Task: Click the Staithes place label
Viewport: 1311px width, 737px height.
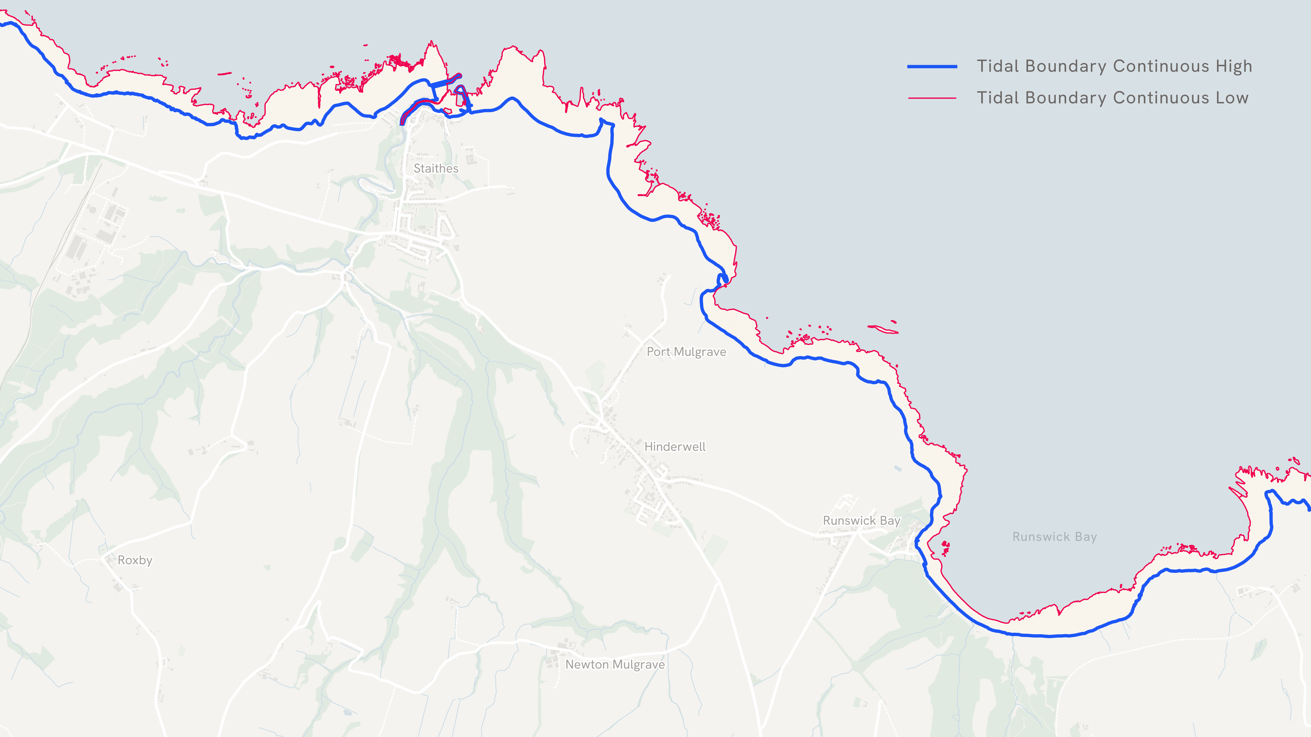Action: click(x=436, y=168)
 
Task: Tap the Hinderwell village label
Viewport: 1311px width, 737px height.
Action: click(x=675, y=447)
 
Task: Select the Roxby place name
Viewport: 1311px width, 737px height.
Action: click(x=135, y=560)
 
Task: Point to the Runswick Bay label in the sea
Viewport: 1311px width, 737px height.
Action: click(x=1055, y=537)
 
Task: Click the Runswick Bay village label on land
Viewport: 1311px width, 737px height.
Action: click(x=862, y=520)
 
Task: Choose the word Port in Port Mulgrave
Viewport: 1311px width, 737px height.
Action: click(x=658, y=351)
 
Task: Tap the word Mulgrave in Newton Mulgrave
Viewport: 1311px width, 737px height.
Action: click(x=639, y=664)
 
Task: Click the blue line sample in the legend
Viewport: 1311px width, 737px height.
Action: click(x=932, y=67)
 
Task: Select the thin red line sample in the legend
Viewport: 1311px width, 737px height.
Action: click(x=932, y=98)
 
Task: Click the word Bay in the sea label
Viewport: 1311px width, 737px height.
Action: click(x=1086, y=537)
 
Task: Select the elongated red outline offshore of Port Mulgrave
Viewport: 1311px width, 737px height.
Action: click(x=883, y=329)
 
